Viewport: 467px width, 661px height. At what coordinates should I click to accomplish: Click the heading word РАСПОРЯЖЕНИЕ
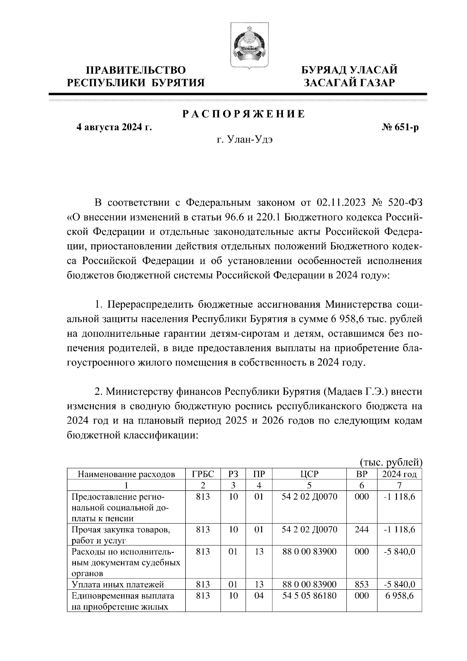[244, 114]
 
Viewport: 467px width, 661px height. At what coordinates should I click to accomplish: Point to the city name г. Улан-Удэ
[245, 140]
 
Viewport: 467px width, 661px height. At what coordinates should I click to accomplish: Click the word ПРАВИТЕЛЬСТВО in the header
[136, 70]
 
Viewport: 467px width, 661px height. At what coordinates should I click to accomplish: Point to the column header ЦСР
[309, 474]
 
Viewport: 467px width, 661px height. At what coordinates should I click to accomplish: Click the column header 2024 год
[399, 474]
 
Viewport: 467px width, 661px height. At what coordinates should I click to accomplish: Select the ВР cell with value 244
[362, 529]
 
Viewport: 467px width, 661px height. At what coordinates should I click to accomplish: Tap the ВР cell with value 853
[362, 584]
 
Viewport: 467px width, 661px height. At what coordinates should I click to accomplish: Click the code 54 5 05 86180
[309, 596]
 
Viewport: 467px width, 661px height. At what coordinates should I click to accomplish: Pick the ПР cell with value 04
[259, 596]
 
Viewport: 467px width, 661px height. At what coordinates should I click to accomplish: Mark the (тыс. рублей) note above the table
[390, 462]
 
